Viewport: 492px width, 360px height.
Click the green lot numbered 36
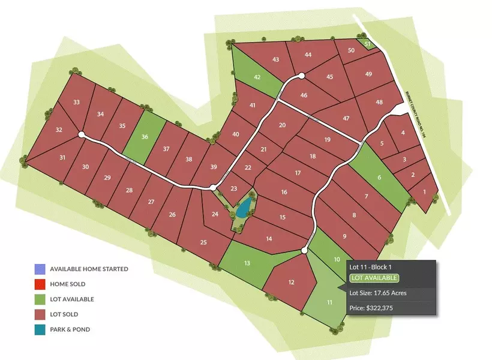tap(144, 137)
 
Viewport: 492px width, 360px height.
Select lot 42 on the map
tap(257, 77)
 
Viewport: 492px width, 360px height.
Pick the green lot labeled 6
tap(379, 177)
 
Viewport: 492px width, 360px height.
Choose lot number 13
tap(247, 263)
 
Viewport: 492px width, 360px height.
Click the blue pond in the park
tap(243, 209)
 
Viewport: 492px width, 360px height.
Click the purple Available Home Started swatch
tap(40, 269)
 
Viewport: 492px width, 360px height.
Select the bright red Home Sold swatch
tap(40, 284)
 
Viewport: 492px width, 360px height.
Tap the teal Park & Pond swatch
tap(40, 329)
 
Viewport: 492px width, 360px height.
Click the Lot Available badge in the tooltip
tap(373, 278)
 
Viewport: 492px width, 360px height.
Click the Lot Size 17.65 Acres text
tap(378, 293)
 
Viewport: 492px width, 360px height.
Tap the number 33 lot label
tap(76, 103)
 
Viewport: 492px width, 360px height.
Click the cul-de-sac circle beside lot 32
tap(82, 135)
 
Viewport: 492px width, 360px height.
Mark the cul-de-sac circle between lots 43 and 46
tap(301, 76)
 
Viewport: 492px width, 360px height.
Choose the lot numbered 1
tap(425, 193)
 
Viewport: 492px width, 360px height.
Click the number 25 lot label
tap(203, 242)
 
